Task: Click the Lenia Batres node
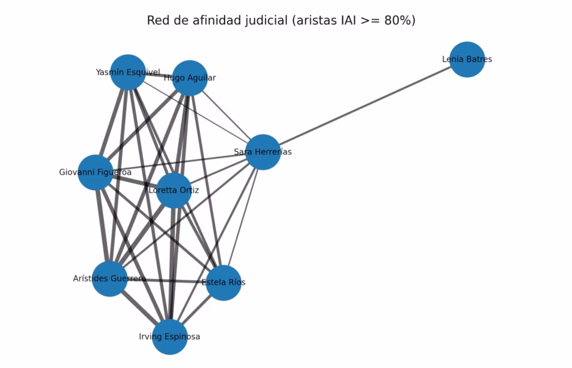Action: pos(468,59)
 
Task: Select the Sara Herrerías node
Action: pos(263,152)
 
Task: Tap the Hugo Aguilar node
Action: pos(190,78)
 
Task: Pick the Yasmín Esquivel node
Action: pos(128,72)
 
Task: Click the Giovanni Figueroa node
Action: pos(96,172)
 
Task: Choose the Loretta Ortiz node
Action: pos(174,191)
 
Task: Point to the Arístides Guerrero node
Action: pos(110,279)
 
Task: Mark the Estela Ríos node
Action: pos(223,283)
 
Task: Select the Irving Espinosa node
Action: pos(170,337)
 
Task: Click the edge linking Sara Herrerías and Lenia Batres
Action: pos(365,106)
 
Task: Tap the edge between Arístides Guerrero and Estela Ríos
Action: pos(166,281)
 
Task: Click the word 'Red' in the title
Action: pos(156,21)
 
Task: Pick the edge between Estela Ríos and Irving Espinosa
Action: pos(197,310)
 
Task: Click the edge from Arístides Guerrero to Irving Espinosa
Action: pos(140,308)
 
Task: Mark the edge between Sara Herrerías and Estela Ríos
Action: pos(244,218)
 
